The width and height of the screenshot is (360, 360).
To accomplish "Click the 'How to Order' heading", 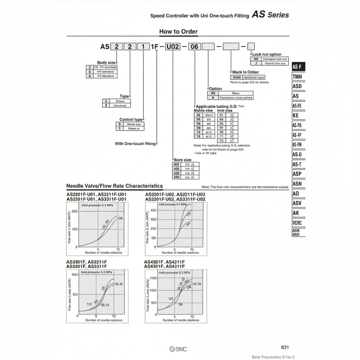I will coord(178,31).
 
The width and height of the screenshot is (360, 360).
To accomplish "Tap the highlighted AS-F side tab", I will coord(298,67).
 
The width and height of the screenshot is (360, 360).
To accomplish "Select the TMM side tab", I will coord(298,77).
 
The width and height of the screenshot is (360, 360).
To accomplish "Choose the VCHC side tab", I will coord(297,223).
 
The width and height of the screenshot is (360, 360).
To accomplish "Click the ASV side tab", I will coord(297,203).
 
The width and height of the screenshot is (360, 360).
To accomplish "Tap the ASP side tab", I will coord(297,174).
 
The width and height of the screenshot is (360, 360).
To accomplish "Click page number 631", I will coord(285,348).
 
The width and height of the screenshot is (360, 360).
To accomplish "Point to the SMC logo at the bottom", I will coord(178,349).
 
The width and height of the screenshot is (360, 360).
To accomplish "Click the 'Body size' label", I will coord(106,63).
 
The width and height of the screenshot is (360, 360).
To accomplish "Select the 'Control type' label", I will coord(131,120).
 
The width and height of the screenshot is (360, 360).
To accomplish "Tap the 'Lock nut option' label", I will coord(267,54).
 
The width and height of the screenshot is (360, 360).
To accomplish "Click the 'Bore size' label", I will coord(183,160).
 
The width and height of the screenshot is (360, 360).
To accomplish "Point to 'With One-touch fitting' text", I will coord(135,144).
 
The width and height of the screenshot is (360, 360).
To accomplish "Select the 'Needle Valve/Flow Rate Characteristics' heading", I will coord(114,186).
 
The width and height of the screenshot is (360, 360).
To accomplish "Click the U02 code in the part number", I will coord(173,47).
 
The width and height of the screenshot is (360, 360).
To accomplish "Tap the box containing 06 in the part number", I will coord(195,47).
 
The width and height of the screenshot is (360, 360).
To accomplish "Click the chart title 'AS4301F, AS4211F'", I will coord(164,262).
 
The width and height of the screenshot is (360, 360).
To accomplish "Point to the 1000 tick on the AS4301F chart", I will coord(152,278).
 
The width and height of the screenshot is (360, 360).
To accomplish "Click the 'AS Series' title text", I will coord(270,15).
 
